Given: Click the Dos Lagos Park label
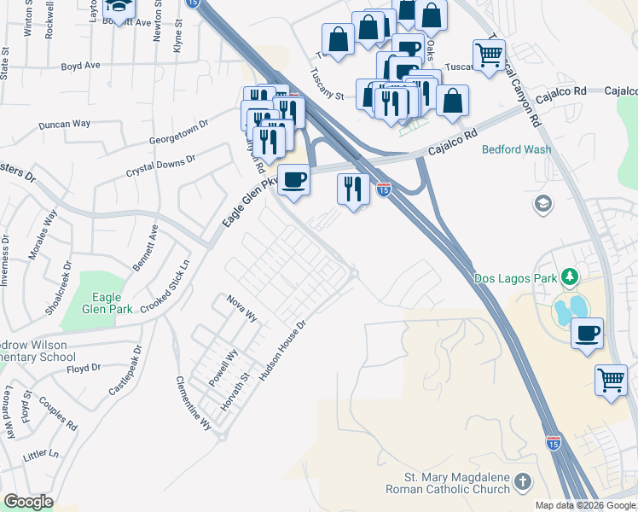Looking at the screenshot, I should click(513, 278).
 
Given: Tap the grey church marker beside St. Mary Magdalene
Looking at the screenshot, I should click(522, 485).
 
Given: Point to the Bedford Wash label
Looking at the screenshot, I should click(516, 149).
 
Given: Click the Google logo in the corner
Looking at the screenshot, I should click(28, 502).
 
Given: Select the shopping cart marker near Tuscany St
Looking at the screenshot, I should click(489, 56).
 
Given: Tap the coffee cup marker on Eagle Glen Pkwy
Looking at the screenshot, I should click(293, 180).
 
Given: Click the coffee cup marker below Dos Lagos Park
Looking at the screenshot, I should click(587, 333).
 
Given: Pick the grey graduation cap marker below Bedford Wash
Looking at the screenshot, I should click(542, 204).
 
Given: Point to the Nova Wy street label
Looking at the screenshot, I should click(241, 307).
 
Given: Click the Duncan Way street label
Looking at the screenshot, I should click(64, 125).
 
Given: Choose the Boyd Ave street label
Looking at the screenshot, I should click(81, 65).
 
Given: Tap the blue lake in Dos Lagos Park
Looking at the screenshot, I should click(567, 307).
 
